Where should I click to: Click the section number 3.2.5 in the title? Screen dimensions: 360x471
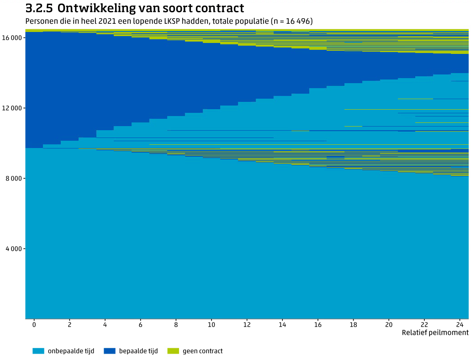click(39, 8)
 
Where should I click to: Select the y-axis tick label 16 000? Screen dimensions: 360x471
click(13, 38)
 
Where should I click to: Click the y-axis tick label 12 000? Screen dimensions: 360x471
click(13, 108)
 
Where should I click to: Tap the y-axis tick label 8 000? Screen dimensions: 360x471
click(15, 179)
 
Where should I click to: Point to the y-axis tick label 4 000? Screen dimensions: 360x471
click(15, 249)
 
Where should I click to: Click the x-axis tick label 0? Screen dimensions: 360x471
click(34, 324)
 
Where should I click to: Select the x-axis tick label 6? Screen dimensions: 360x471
click(140, 324)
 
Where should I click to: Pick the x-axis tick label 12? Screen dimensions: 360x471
click(247, 324)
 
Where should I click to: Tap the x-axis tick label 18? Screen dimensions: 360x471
click(353, 324)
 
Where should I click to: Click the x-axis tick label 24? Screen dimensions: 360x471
click(460, 324)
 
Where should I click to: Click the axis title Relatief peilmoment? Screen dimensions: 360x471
click(435, 333)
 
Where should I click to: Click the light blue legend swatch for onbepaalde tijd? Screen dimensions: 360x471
click(38, 351)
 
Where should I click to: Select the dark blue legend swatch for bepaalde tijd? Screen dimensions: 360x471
click(110, 351)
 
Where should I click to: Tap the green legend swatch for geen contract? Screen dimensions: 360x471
click(173, 351)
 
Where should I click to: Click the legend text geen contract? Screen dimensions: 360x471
click(202, 351)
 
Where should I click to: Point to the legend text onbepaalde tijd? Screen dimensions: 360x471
click(71, 351)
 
